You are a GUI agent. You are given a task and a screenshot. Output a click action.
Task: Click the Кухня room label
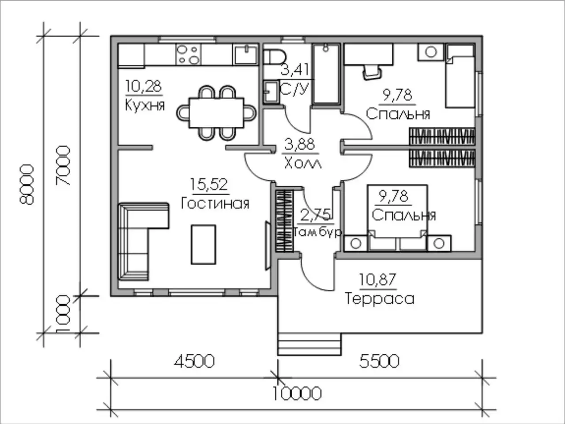pyautogui.click(x=145, y=105)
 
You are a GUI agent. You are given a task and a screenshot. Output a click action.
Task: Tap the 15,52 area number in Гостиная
pyautogui.click(x=209, y=184)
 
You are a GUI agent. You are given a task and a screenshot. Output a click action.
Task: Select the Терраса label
pyautogui.click(x=380, y=299)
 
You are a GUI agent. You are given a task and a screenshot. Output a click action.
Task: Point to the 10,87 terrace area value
pyautogui.click(x=377, y=280)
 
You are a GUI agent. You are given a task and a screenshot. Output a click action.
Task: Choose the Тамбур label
pyautogui.click(x=317, y=232)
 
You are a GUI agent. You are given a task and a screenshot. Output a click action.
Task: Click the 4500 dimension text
pyautogui.click(x=194, y=361)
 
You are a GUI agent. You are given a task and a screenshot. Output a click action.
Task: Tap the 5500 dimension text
pyautogui.click(x=379, y=361)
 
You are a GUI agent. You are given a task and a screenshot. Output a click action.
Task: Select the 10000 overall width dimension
pyautogui.click(x=297, y=394)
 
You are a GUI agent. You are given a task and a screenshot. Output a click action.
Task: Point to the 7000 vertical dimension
pyautogui.click(x=63, y=165)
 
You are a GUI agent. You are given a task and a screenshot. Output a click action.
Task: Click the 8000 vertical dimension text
pyautogui.click(x=27, y=185)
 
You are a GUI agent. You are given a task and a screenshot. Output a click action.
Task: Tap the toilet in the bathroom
pyautogui.click(x=275, y=57)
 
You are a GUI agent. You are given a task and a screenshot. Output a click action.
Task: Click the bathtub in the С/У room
pyautogui.click(x=326, y=74)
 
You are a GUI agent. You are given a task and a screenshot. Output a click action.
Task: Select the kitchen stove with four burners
pyautogui.click(x=188, y=55)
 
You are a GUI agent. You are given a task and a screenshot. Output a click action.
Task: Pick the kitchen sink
pyautogui.click(x=245, y=54)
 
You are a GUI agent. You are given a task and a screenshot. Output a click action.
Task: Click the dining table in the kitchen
pyautogui.click(x=216, y=113)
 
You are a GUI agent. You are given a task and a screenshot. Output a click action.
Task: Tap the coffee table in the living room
pyautogui.click(x=203, y=245)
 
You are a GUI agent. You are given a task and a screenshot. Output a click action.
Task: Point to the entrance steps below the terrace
pyautogui.click(x=310, y=344)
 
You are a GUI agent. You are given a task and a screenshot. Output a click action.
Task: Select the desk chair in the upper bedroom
pyautogui.click(x=372, y=72)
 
